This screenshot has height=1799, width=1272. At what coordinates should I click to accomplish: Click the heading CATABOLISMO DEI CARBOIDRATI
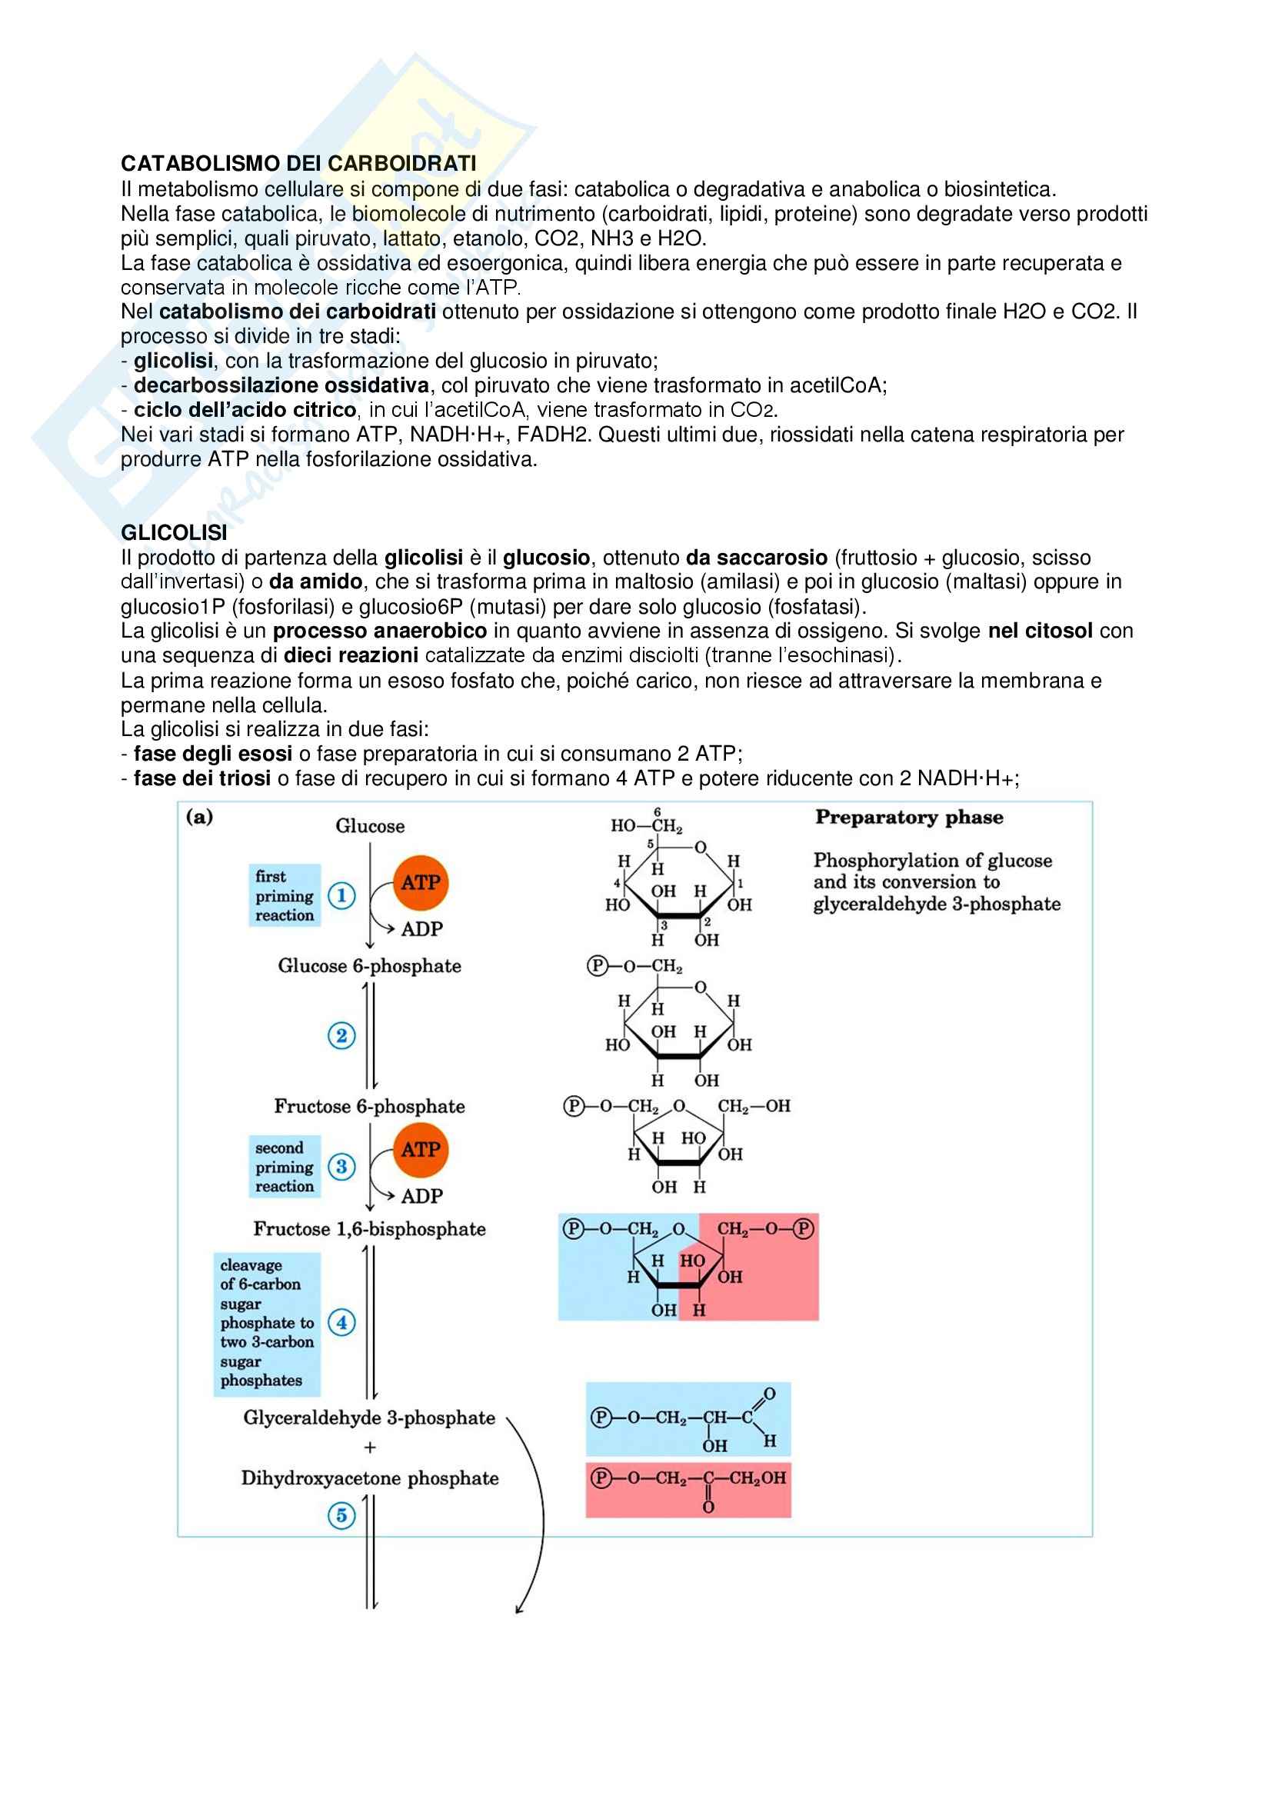point(298,163)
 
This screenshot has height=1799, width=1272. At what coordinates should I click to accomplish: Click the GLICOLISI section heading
point(174,533)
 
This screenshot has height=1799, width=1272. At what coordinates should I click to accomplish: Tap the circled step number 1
point(341,895)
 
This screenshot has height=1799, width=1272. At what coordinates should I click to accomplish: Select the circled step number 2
point(341,1036)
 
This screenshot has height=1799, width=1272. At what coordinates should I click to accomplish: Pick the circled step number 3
point(341,1167)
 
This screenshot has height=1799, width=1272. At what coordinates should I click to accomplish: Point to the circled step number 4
point(341,1323)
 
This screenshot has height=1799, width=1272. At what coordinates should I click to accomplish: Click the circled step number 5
point(341,1515)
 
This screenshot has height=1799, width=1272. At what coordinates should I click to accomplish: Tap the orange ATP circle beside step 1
point(421,883)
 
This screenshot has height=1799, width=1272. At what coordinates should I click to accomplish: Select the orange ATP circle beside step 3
point(421,1150)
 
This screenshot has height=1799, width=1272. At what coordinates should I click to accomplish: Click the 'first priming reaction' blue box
point(285,895)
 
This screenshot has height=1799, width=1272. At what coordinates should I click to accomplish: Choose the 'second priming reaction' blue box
point(285,1167)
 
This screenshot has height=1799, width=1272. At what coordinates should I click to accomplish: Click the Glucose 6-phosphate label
point(370,966)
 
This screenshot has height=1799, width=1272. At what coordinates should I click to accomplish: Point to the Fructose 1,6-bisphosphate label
point(370,1229)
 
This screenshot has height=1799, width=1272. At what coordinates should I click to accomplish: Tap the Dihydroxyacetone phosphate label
point(370,1478)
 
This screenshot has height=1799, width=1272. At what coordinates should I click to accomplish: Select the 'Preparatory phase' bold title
point(909,818)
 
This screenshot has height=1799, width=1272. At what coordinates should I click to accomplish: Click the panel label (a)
point(200,818)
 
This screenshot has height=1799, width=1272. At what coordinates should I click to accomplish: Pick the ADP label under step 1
point(422,929)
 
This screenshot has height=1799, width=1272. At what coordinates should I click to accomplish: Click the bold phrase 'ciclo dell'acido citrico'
point(245,410)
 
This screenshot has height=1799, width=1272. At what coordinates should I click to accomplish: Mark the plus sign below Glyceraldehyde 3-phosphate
point(370,1448)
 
